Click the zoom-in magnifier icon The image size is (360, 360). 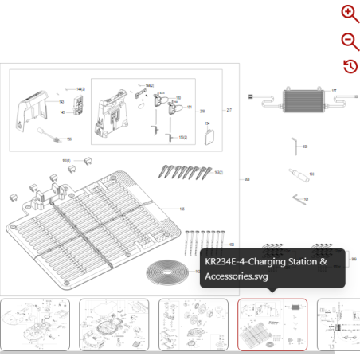[x=350, y=13]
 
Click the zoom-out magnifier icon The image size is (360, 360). [x=350, y=40]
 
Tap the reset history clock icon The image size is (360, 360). [x=350, y=66]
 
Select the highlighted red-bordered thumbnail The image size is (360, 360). [x=272, y=324]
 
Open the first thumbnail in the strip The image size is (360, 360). [x=34, y=324]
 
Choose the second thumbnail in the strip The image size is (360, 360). [x=113, y=324]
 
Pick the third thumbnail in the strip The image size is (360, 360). [x=194, y=324]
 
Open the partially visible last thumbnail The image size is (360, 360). [x=338, y=324]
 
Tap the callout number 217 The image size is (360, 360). [x=229, y=110]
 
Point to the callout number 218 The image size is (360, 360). [x=202, y=111]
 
